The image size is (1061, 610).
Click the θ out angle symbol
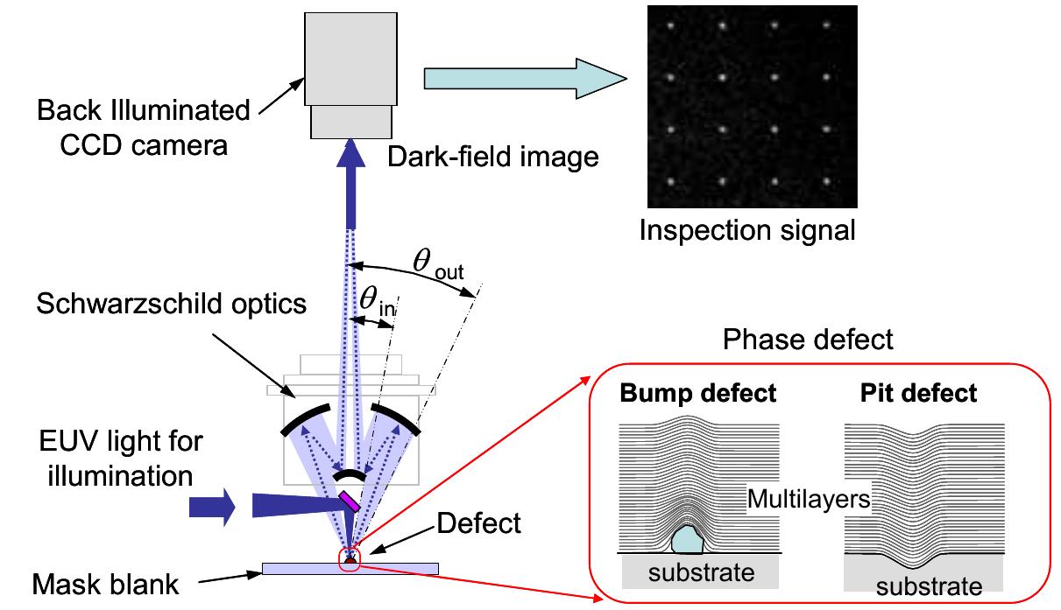pos(436,263)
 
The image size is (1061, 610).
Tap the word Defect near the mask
pos(477,523)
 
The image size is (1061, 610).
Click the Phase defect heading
pos(808,340)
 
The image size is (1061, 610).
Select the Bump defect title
pos(697,393)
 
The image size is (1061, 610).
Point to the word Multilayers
pos(808,500)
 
